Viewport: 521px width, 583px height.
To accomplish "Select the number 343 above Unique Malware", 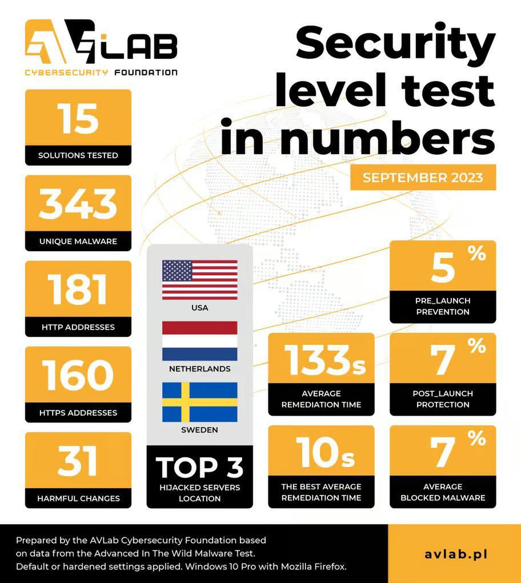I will coord(78,204).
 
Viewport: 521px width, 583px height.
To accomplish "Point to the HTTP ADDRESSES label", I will coord(78,327).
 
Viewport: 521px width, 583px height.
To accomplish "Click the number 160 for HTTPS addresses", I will coord(78,376).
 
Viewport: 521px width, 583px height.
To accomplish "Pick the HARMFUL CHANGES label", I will coord(78,498).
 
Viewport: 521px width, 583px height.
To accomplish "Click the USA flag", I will coord(199,280).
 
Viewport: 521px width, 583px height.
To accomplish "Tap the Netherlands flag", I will coord(199,341).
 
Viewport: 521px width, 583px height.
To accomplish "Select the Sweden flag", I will coord(199,402).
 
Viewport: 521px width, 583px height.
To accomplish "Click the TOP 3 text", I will coord(199,467).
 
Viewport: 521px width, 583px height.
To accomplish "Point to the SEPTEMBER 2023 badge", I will coord(423,177).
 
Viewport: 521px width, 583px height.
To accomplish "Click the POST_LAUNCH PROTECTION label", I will coord(443,399).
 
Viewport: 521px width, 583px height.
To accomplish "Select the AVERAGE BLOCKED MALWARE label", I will coord(443,492).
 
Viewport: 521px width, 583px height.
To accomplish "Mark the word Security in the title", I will coord(396,44).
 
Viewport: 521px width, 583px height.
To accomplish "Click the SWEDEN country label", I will coord(199,430).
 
